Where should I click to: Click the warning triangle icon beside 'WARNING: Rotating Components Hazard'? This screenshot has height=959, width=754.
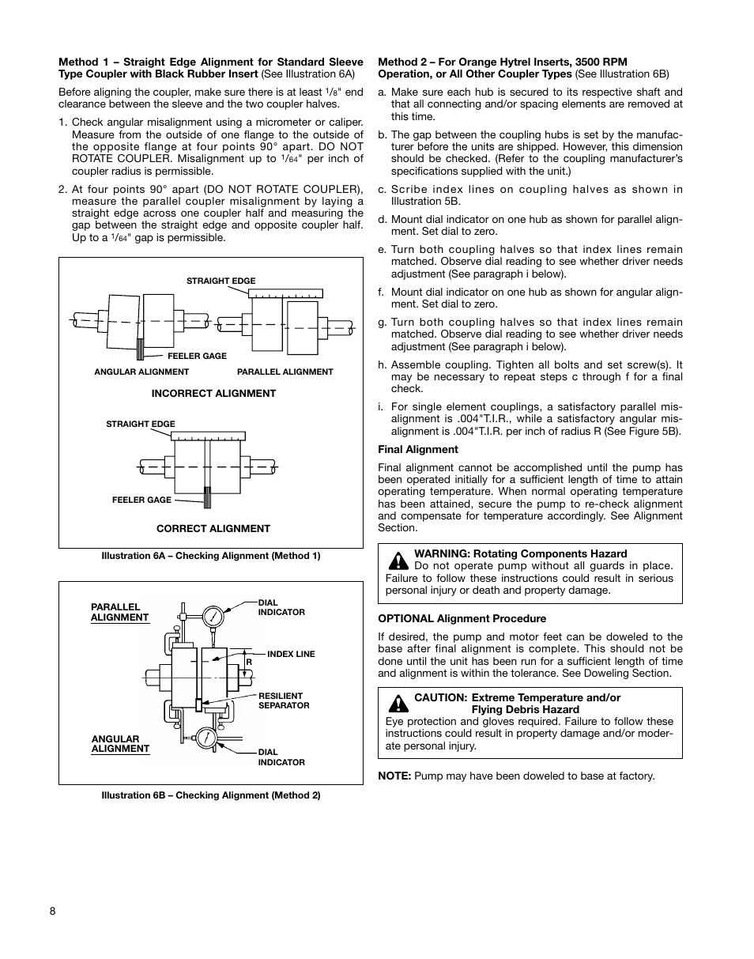(x=398, y=561)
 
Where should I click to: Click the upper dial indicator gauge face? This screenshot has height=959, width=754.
(x=213, y=616)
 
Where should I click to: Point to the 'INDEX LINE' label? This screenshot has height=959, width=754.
(x=291, y=655)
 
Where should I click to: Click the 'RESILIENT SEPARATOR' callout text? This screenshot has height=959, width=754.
(x=283, y=700)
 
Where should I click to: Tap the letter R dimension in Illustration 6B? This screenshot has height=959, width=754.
(x=248, y=661)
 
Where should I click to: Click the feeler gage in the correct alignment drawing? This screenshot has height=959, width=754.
(x=208, y=499)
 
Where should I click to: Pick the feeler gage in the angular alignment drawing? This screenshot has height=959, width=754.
(x=140, y=349)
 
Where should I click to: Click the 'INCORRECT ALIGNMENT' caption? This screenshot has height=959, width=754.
(x=213, y=394)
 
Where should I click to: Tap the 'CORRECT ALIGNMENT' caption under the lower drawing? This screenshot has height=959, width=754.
(x=213, y=529)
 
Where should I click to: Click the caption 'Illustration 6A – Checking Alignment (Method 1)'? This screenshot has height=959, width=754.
(x=210, y=556)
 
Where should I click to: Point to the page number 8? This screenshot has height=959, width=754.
(x=53, y=911)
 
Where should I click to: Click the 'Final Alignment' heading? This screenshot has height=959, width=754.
(x=417, y=450)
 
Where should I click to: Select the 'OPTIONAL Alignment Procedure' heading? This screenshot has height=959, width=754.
(x=462, y=619)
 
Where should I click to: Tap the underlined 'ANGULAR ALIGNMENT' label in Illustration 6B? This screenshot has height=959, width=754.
(x=120, y=744)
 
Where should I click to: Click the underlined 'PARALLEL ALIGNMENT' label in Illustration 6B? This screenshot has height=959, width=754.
(x=119, y=613)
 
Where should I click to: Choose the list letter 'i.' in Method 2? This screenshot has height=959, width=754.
(x=381, y=408)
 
